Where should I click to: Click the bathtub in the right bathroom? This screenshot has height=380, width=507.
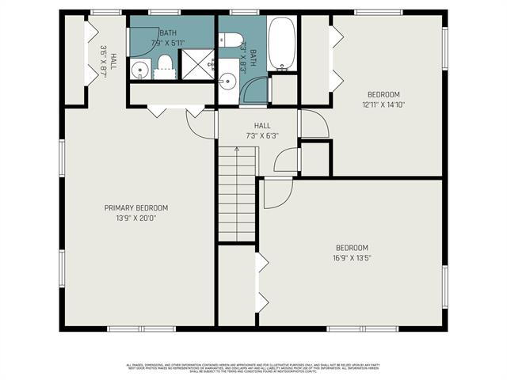pyautogui.click(x=283, y=44)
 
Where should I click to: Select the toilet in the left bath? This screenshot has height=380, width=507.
pyautogui.click(x=165, y=66)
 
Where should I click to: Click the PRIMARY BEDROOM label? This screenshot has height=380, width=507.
pyautogui.click(x=136, y=207)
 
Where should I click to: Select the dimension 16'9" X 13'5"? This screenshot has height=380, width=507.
pyautogui.click(x=351, y=257)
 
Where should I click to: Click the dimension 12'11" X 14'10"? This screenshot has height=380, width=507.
pyautogui.click(x=383, y=104)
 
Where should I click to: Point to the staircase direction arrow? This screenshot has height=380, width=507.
pyautogui.click(x=236, y=150)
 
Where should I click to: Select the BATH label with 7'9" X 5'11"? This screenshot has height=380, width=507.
pyautogui.click(x=168, y=38)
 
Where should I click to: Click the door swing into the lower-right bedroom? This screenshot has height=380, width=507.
pyautogui.click(x=277, y=192)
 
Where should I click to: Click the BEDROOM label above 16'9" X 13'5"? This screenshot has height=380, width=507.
pyautogui.click(x=351, y=247)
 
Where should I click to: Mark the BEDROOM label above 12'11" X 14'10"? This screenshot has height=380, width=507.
pyautogui.click(x=383, y=94)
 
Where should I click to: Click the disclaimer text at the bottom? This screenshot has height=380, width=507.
pyautogui.click(x=253, y=368)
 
